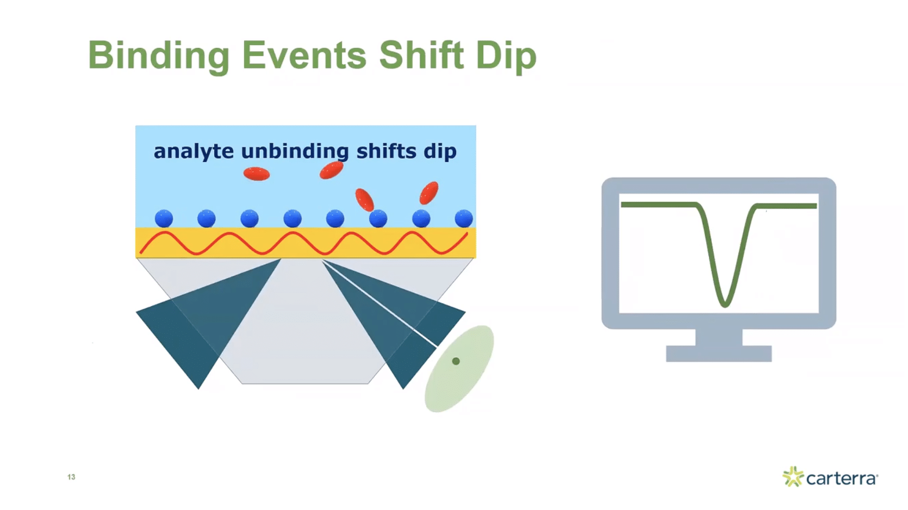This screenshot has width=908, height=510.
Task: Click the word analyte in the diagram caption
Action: click(194, 151)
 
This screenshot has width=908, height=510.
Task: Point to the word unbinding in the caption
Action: click(295, 151)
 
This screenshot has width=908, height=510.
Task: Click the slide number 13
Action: click(71, 477)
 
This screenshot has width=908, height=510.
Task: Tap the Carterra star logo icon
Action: click(793, 476)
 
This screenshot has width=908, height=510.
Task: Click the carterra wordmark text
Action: click(841, 478)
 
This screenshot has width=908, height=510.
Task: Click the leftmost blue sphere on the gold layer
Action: click(164, 219)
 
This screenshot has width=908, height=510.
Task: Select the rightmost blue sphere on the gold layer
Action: click(463, 219)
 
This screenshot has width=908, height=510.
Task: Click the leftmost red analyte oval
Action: click(257, 174)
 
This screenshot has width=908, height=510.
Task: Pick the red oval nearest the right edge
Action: click(429, 192)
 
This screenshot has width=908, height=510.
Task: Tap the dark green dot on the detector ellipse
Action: click(456, 361)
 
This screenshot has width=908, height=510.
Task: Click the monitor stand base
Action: click(718, 353)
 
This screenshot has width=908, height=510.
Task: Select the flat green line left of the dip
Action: click(658, 204)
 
